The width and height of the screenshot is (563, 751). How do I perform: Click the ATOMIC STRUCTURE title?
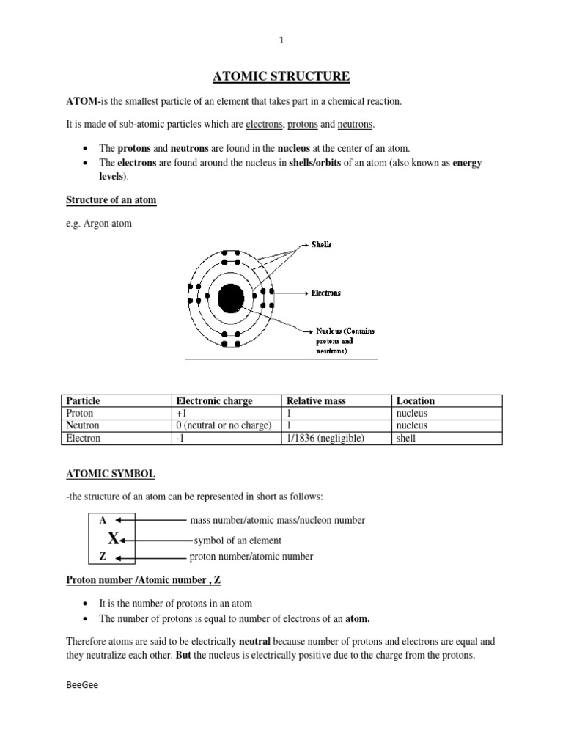(281, 76)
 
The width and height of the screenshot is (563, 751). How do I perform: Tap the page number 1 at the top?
(281, 41)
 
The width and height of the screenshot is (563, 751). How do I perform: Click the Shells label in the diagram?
(321, 244)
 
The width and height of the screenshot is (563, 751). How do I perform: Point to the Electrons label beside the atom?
(325, 293)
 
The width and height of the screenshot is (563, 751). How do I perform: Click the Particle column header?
(83, 400)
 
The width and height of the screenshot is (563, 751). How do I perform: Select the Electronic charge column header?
(214, 400)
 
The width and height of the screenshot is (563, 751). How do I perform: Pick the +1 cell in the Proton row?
(181, 413)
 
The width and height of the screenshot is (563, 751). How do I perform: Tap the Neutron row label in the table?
(83, 425)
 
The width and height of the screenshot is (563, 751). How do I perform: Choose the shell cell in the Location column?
(405, 438)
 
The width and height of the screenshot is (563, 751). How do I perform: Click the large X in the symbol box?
(113, 539)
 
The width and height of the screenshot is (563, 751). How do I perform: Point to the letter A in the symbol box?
(103, 520)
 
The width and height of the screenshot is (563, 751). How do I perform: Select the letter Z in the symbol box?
(103, 557)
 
